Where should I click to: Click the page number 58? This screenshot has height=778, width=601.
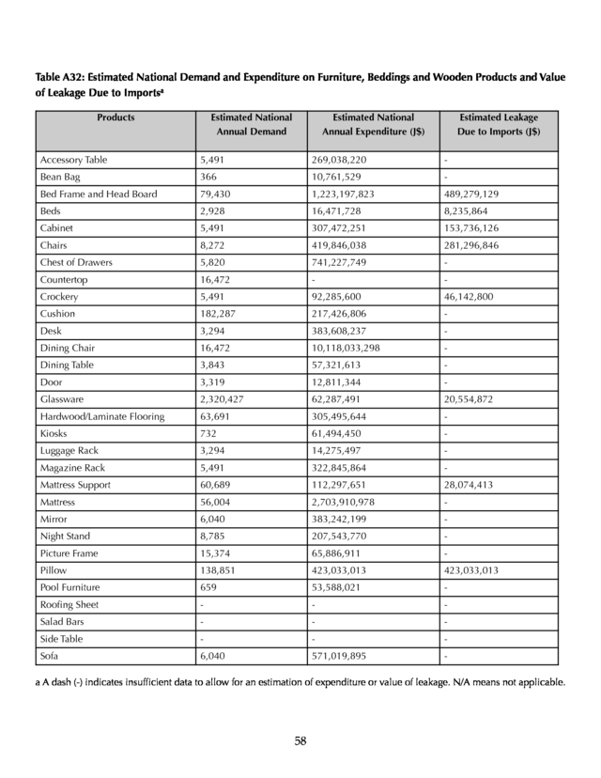[x=300, y=741]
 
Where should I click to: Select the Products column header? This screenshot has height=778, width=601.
[x=116, y=117]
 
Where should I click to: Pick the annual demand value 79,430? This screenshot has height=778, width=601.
[x=217, y=194]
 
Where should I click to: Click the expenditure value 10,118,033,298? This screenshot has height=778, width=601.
[x=353, y=348]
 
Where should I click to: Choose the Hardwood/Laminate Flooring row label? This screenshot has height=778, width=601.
[x=101, y=416]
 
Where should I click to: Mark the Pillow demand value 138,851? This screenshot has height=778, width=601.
[x=220, y=570]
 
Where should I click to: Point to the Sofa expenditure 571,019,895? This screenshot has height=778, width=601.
[x=347, y=657]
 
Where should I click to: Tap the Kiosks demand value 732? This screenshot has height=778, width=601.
[x=208, y=433]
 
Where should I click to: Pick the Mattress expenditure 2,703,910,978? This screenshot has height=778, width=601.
[x=349, y=502]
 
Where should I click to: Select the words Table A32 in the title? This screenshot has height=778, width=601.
[x=61, y=76]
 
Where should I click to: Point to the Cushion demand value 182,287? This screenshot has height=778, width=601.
[x=220, y=314]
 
